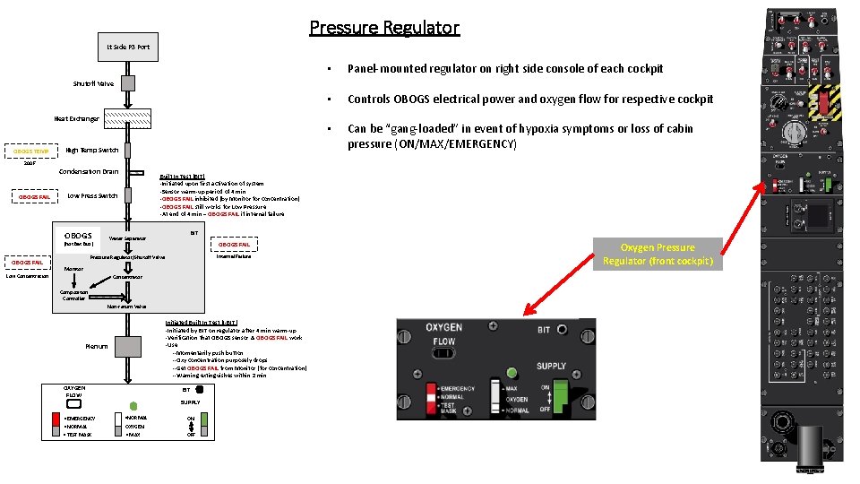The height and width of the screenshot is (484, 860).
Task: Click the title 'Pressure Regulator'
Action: tap(384, 28)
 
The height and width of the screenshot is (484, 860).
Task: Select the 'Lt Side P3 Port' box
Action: tap(128, 47)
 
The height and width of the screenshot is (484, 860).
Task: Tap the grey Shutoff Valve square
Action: tap(128, 83)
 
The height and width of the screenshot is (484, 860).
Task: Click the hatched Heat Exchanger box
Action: tap(128, 118)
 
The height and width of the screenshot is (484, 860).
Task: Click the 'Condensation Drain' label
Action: tap(88, 171)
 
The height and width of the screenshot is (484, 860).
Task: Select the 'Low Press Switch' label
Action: tap(92, 195)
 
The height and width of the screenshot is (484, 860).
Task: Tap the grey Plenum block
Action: tap(128, 345)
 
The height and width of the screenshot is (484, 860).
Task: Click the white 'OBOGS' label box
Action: tap(78, 237)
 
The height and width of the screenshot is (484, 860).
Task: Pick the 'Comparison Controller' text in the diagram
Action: tap(73, 294)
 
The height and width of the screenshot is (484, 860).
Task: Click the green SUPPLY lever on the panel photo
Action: tap(561, 393)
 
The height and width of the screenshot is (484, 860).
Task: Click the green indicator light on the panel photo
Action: tap(512, 372)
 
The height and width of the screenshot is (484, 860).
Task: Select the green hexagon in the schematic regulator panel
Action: tap(133, 405)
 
